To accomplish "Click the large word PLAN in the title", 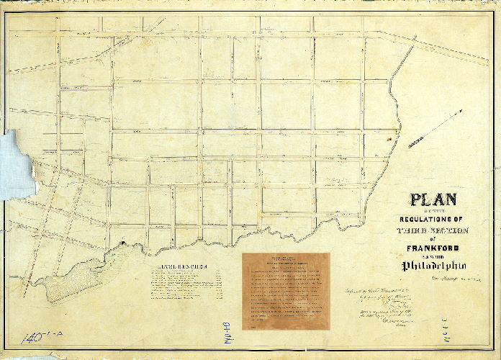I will click(438, 200).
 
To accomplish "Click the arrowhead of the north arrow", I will click(461, 112).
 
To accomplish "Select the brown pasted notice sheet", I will click(286, 292).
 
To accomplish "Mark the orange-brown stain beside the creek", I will click(390, 136).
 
